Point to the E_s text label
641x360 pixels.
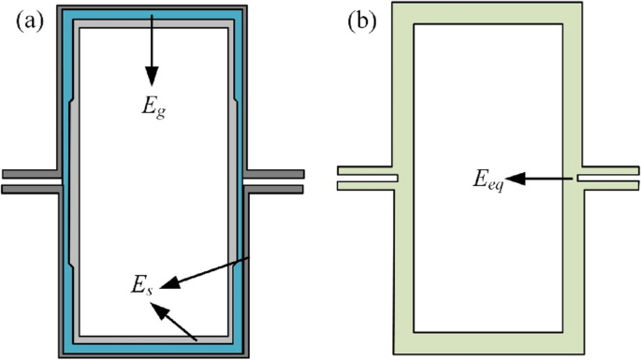click(141, 282)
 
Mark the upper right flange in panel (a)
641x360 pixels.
click(275, 174)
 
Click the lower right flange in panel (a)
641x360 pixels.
click(275, 189)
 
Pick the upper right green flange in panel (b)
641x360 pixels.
click(608, 169)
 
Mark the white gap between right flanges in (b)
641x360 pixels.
click(608, 178)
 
